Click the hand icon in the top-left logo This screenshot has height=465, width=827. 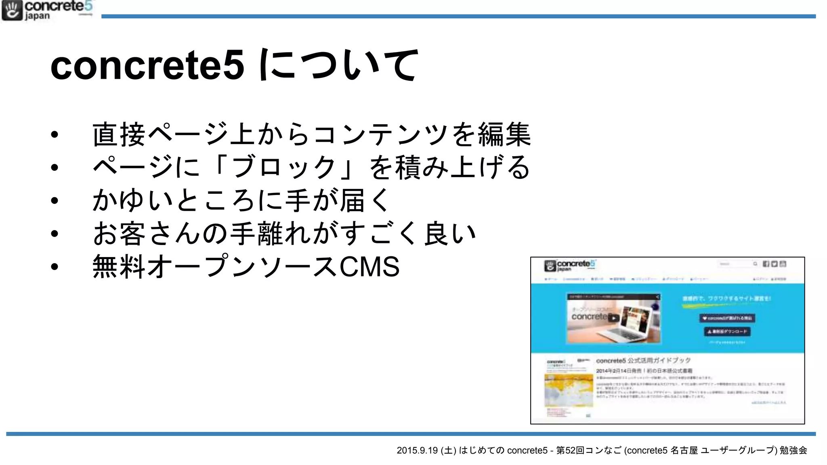(12, 10)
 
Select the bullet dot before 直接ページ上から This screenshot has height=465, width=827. (55, 135)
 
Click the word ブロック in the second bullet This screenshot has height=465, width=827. (285, 168)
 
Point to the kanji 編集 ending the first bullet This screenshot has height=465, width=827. (504, 135)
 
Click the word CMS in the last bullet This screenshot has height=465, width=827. (369, 267)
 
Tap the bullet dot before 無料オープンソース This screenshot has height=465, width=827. (55, 267)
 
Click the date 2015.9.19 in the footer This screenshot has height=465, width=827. (417, 450)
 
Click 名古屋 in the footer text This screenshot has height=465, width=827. (684, 450)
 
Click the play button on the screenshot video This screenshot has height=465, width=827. (613, 318)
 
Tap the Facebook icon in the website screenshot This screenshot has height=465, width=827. (766, 264)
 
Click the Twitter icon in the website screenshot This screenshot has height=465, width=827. (775, 264)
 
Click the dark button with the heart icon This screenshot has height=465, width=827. (727, 318)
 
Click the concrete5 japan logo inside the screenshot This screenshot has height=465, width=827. (570, 265)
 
